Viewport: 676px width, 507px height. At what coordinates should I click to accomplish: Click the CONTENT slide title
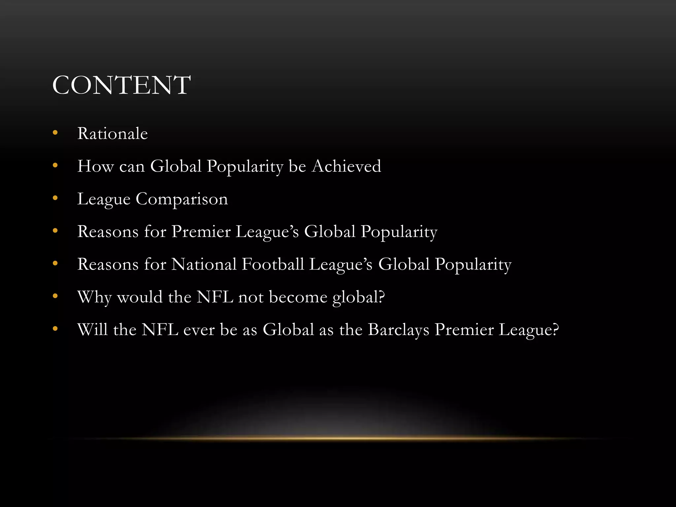pyautogui.click(x=121, y=85)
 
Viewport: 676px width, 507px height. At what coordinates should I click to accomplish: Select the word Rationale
pyautogui.click(x=112, y=134)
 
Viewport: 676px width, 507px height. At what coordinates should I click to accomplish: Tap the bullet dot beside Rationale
pyautogui.click(x=55, y=133)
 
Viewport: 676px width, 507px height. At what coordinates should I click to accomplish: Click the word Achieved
pyautogui.click(x=347, y=166)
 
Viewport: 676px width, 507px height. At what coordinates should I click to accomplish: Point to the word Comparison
pyautogui.click(x=182, y=199)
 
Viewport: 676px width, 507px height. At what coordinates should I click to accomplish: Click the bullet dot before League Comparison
pyautogui.click(x=55, y=198)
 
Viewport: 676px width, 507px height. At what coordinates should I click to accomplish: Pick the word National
pyautogui.click(x=204, y=264)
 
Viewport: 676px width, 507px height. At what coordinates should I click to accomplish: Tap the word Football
pyautogui.click(x=273, y=264)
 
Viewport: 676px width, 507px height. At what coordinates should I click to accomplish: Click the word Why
pyautogui.click(x=94, y=297)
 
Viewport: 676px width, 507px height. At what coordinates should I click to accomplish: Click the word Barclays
pyautogui.click(x=398, y=330)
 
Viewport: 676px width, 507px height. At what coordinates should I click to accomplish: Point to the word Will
pyautogui.click(x=92, y=330)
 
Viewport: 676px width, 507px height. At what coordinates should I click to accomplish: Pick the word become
pyautogui.click(x=298, y=297)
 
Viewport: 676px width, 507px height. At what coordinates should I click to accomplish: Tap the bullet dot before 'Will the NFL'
pyautogui.click(x=55, y=329)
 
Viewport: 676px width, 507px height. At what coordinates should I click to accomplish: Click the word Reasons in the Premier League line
pyautogui.click(x=108, y=231)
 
